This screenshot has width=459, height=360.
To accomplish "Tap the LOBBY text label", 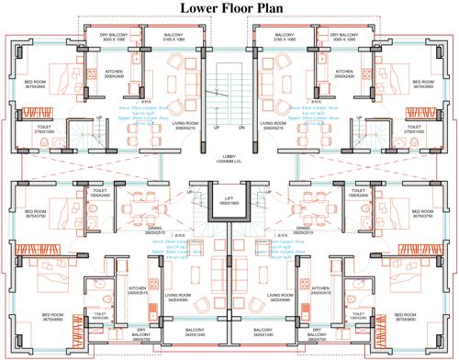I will point(229,156).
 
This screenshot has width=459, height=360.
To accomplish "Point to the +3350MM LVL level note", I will point(229,163).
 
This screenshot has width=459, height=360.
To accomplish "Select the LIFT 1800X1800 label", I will point(229,200).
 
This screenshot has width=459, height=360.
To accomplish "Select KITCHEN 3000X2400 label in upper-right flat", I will point(345,73).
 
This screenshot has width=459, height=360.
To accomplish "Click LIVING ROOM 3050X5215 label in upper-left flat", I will point(187,126).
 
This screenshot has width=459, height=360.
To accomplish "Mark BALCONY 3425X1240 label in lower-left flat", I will point(196,332).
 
